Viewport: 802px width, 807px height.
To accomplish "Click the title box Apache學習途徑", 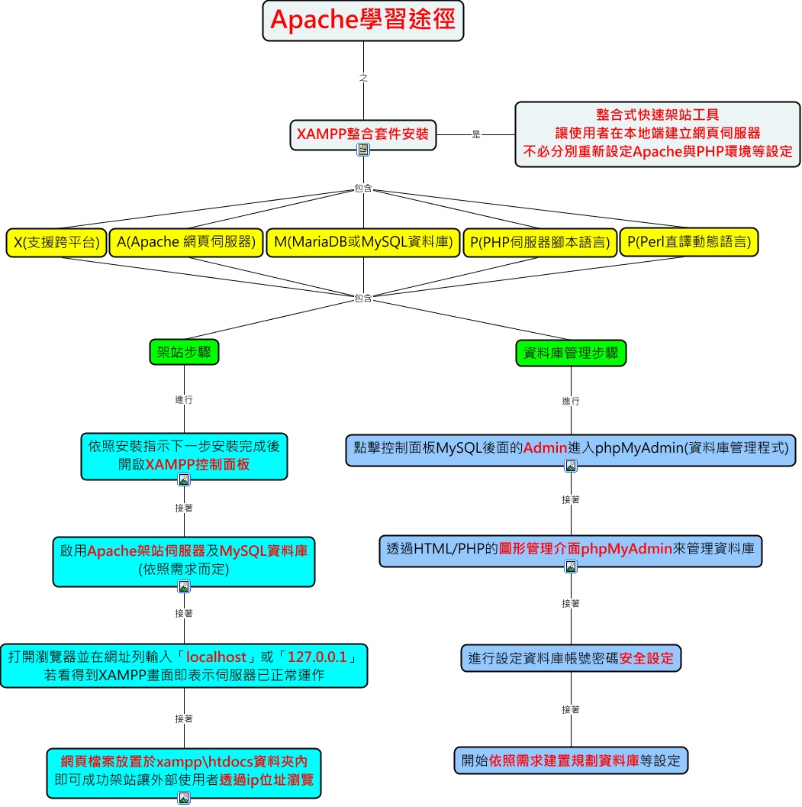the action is (363, 21).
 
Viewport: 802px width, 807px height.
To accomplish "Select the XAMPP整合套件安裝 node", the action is (363, 135).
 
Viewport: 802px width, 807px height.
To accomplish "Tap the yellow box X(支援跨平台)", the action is (56, 243).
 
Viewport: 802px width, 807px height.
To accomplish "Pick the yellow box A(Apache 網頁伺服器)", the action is (186, 243).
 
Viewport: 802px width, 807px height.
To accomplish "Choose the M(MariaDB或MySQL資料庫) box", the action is (363, 243).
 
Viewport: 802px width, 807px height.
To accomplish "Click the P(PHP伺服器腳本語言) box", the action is (540, 243).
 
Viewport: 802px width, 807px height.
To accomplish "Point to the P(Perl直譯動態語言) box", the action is (689, 242).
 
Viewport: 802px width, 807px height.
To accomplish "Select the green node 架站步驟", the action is (184, 352).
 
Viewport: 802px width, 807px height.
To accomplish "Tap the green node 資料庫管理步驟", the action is (571, 353).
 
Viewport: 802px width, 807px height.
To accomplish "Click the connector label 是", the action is (476, 135).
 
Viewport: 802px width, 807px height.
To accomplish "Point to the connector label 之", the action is (363, 78).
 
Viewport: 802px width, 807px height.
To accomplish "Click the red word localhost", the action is (216, 657).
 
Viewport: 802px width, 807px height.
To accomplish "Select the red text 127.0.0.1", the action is (317, 657).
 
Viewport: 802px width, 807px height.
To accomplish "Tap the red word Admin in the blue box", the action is (546, 447).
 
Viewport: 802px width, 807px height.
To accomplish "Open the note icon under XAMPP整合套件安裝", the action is (363, 150).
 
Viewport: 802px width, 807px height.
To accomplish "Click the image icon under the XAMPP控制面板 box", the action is (184, 479).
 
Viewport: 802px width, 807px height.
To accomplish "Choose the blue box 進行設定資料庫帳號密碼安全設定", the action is (571, 658).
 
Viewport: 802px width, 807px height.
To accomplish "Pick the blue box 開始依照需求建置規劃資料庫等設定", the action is (571, 760).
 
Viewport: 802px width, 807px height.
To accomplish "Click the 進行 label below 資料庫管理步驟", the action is (571, 401).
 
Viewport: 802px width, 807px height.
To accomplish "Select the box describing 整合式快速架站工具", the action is (658, 134).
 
